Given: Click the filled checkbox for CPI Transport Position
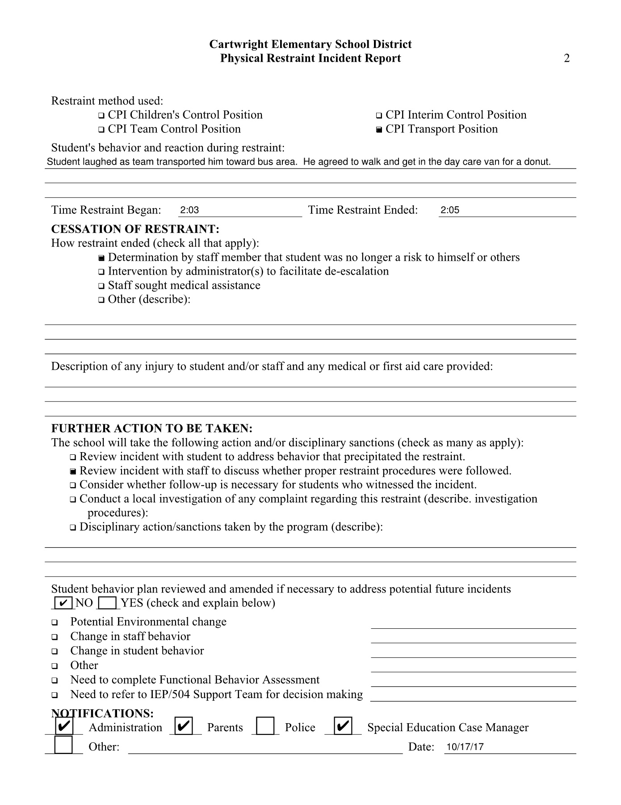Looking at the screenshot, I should point(379,130).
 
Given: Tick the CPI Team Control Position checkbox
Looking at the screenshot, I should point(101,130).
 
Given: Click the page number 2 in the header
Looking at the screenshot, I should point(567,59).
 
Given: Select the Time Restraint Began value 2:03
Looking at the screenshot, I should point(189,210).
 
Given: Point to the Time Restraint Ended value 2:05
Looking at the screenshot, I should point(450,210).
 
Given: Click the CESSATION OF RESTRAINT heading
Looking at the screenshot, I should point(135,229).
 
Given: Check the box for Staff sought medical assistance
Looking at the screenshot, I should point(101,286).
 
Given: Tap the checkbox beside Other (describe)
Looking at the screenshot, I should point(101,300).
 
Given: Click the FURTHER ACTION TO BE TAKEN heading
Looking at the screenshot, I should point(152,428).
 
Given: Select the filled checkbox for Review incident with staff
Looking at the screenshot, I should point(73,471).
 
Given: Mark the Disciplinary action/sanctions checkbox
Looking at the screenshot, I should point(73,528).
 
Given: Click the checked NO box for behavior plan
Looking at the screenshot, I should point(63,603).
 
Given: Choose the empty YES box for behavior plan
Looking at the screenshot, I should point(107,603).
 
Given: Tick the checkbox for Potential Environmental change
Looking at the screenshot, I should point(55,623).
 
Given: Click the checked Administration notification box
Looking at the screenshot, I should point(63,725).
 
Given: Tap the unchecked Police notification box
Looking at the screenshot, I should point(265,726).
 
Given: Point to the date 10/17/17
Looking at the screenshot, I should point(465,747).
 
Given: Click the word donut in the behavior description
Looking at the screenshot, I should point(537,162).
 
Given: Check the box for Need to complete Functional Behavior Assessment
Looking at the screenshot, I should point(55,681).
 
